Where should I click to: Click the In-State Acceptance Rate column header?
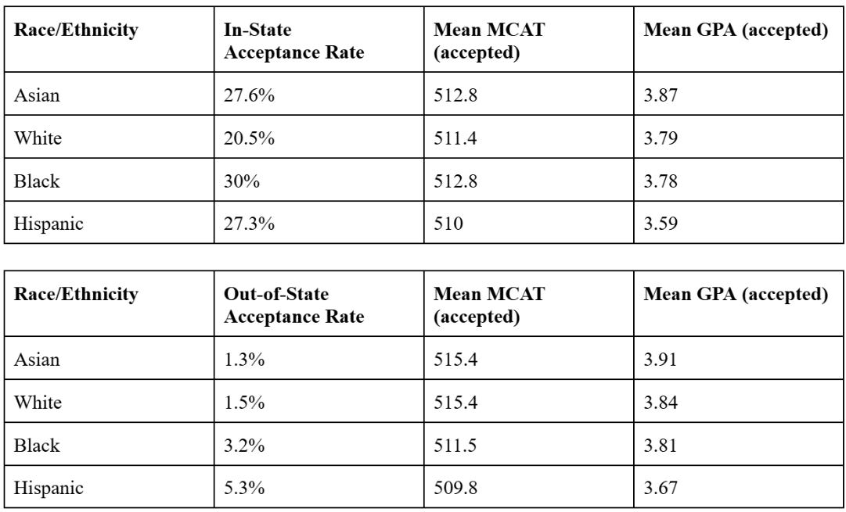click(x=294, y=41)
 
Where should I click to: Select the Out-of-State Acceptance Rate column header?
click(x=294, y=305)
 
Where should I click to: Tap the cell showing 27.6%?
click(x=250, y=95)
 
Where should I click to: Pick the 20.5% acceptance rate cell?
click(x=250, y=138)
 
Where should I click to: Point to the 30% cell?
click(x=242, y=181)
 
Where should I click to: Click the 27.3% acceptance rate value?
click(x=250, y=224)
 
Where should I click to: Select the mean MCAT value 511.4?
click(x=455, y=138)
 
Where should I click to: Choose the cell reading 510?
click(x=448, y=224)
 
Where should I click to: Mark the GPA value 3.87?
click(x=661, y=95)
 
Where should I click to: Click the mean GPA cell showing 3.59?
click(x=661, y=224)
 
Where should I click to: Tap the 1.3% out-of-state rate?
click(x=244, y=360)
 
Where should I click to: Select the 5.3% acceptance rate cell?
click(x=244, y=489)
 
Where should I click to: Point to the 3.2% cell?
click(x=244, y=446)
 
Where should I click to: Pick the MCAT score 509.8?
click(x=455, y=489)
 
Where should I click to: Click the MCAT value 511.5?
click(x=455, y=446)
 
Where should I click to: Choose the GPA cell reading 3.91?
click(x=661, y=360)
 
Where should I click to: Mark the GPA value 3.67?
click(x=661, y=489)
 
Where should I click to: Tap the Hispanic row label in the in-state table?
click(x=49, y=224)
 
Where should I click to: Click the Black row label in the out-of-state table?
click(x=37, y=446)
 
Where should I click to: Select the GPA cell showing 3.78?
click(x=661, y=181)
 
